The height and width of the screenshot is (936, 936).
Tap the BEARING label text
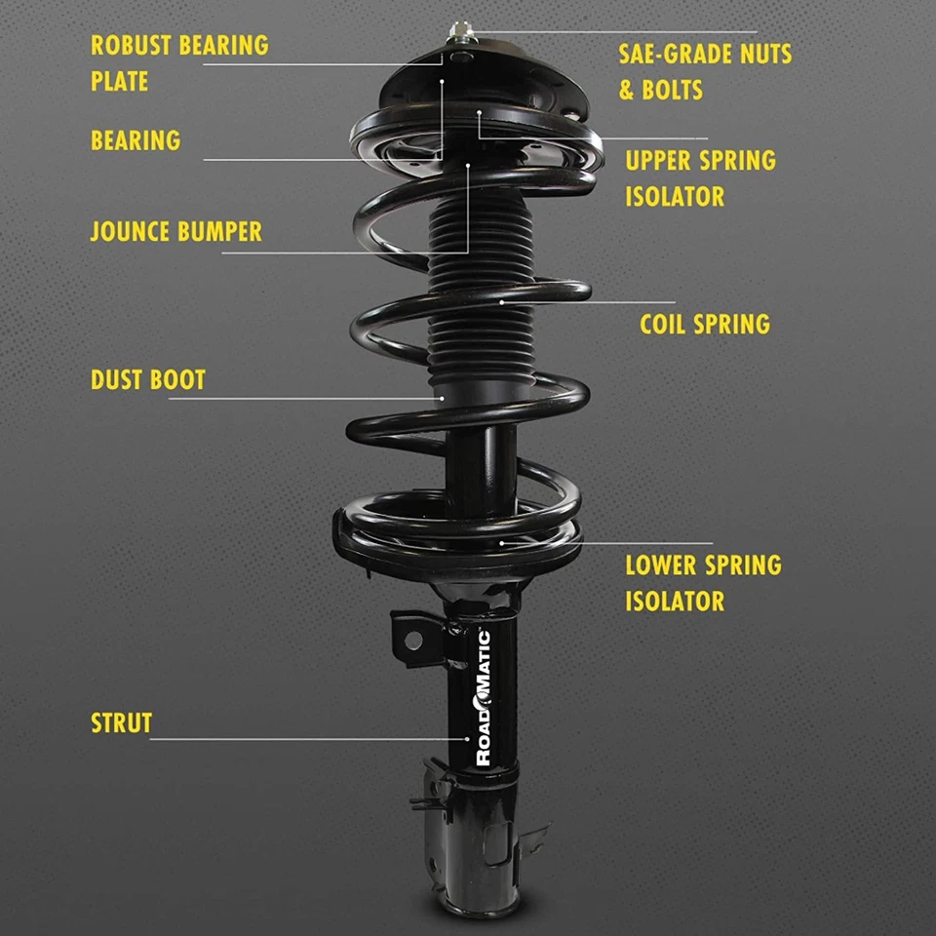click(136, 140)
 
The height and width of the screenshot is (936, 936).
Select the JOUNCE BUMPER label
click(175, 232)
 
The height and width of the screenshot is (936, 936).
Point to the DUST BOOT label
click(148, 379)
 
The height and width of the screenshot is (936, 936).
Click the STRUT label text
click(121, 723)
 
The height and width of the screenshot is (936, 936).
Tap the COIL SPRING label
click(704, 324)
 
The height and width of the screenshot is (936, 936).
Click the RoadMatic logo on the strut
click(483, 697)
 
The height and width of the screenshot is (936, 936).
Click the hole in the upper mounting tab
click(412, 640)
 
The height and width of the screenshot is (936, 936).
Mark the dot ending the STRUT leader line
click(466, 739)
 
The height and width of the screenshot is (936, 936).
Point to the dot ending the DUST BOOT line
click(441, 398)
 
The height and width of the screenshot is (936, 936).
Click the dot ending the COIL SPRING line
click(502, 302)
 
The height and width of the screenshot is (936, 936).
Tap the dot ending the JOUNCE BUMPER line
click(468, 166)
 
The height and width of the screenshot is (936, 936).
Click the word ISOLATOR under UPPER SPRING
click(675, 196)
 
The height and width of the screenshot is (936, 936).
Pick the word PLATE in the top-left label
click(119, 81)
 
